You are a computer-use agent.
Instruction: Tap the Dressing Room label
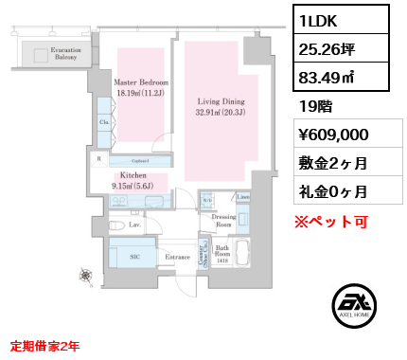(x=224, y=221)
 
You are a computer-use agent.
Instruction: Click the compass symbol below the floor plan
(x=86, y=276)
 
